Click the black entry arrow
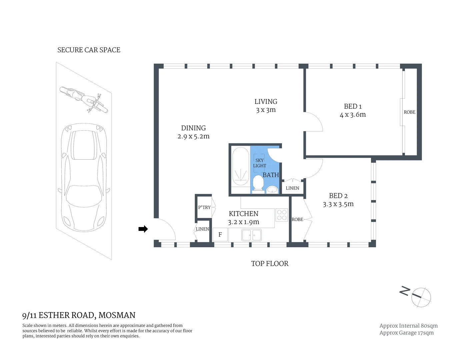tap(143, 229)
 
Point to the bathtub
tap(240, 167)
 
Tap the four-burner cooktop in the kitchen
tap(282, 215)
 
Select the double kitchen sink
tap(252, 235)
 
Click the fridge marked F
tap(220, 235)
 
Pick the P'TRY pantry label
tap(204, 207)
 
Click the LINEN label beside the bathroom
tap(292, 188)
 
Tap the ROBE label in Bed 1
tap(409, 112)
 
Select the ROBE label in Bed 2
tap(297, 219)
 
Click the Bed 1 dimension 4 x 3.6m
tap(353, 115)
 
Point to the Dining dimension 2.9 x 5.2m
tap(193, 136)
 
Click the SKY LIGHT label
tap(259, 163)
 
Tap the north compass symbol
tap(421, 297)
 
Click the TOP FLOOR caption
tap(270, 264)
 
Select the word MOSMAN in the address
tap(117, 315)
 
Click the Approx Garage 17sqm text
tap(406, 333)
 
